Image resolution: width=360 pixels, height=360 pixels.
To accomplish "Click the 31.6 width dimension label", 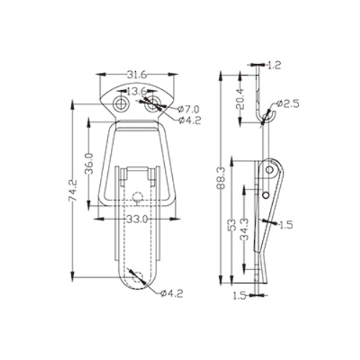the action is click(137, 75).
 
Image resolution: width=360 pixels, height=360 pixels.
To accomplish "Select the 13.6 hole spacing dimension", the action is click(136, 91).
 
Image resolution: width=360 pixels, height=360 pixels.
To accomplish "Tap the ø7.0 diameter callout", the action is click(189, 109).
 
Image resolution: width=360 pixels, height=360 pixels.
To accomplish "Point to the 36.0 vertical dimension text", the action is click(89, 163).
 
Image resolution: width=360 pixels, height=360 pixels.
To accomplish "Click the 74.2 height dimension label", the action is click(73, 191).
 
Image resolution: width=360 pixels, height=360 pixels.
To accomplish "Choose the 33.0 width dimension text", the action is click(137, 220).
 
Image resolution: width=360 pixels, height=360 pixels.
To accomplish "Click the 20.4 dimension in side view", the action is click(240, 99).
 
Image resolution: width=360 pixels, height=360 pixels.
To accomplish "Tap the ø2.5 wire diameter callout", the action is click(287, 104).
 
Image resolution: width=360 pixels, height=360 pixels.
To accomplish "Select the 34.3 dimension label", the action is click(245, 230).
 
